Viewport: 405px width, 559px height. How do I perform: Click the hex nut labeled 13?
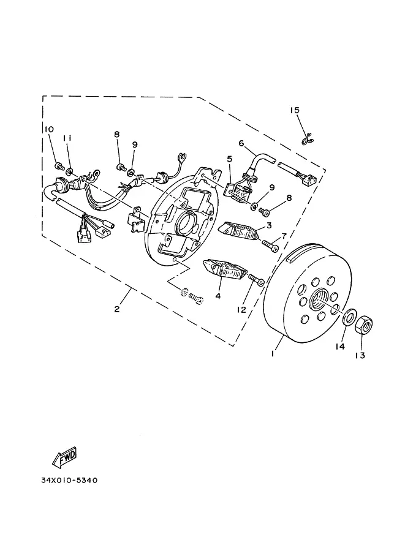point(364,324)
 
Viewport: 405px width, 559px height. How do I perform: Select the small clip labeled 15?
point(307,140)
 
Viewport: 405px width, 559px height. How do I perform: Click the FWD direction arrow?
point(65,457)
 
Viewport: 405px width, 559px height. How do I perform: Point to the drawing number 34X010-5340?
point(69,480)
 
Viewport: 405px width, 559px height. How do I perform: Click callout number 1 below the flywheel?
point(272,354)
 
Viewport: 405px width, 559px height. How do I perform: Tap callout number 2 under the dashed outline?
point(117,309)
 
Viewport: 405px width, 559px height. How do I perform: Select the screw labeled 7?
point(270,246)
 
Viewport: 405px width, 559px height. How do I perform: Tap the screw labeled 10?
point(59,165)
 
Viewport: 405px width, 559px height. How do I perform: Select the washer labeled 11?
point(70,172)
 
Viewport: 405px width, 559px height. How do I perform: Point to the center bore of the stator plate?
point(186,223)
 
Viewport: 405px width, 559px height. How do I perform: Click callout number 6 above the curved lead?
point(241,143)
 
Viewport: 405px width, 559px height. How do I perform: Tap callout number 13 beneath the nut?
point(360,355)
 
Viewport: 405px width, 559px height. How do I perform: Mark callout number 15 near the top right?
point(295,110)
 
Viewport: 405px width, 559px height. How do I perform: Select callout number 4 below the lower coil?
point(218,296)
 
